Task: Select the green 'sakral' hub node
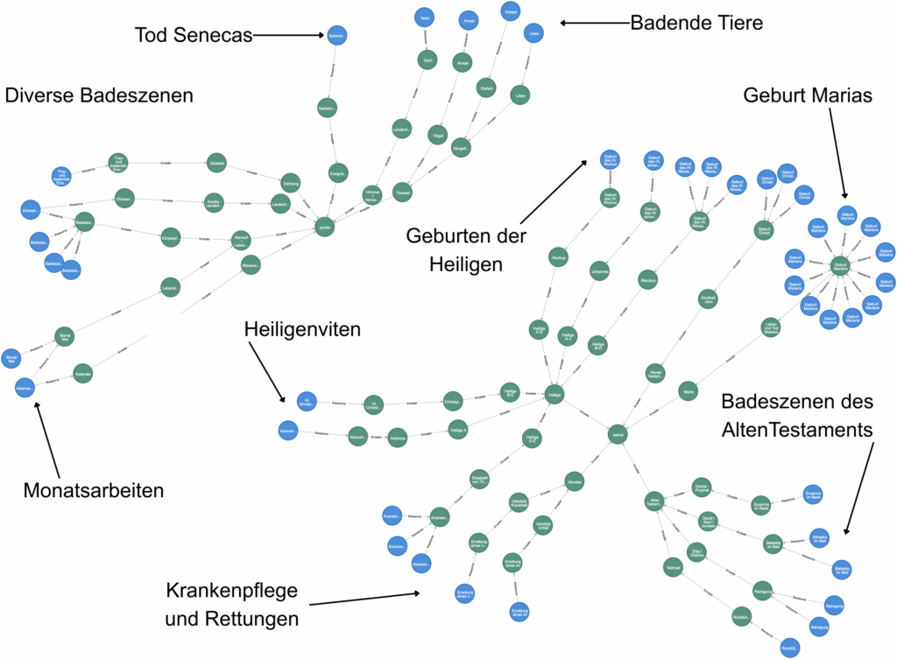(x=618, y=432)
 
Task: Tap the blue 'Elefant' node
(x=510, y=11)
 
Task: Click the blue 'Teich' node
(x=425, y=18)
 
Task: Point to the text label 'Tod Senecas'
(x=193, y=35)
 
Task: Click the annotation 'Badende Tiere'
(x=696, y=24)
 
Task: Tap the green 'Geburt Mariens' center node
(x=840, y=265)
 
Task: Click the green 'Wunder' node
(x=575, y=481)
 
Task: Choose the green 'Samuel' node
(x=673, y=564)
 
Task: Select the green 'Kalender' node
(x=83, y=373)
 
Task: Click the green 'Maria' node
(x=689, y=392)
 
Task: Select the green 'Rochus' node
(x=559, y=257)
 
